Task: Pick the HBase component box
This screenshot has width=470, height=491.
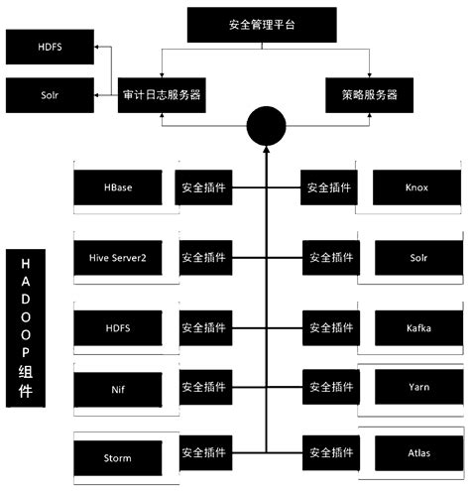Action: coord(118,187)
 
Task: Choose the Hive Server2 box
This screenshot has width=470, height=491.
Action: coord(118,257)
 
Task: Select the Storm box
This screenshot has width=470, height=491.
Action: coord(118,458)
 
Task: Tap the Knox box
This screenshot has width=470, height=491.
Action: coord(416,187)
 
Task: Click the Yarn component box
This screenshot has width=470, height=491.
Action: coord(416,387)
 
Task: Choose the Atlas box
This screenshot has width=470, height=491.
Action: coord(416,453)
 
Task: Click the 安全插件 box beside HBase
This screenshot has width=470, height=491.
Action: coord(204,186)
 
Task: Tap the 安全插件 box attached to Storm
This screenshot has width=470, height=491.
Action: coord(204,453)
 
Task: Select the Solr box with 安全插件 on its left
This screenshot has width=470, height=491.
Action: coord(416,257)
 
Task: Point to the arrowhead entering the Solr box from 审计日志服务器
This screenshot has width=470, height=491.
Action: coord(98,95)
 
